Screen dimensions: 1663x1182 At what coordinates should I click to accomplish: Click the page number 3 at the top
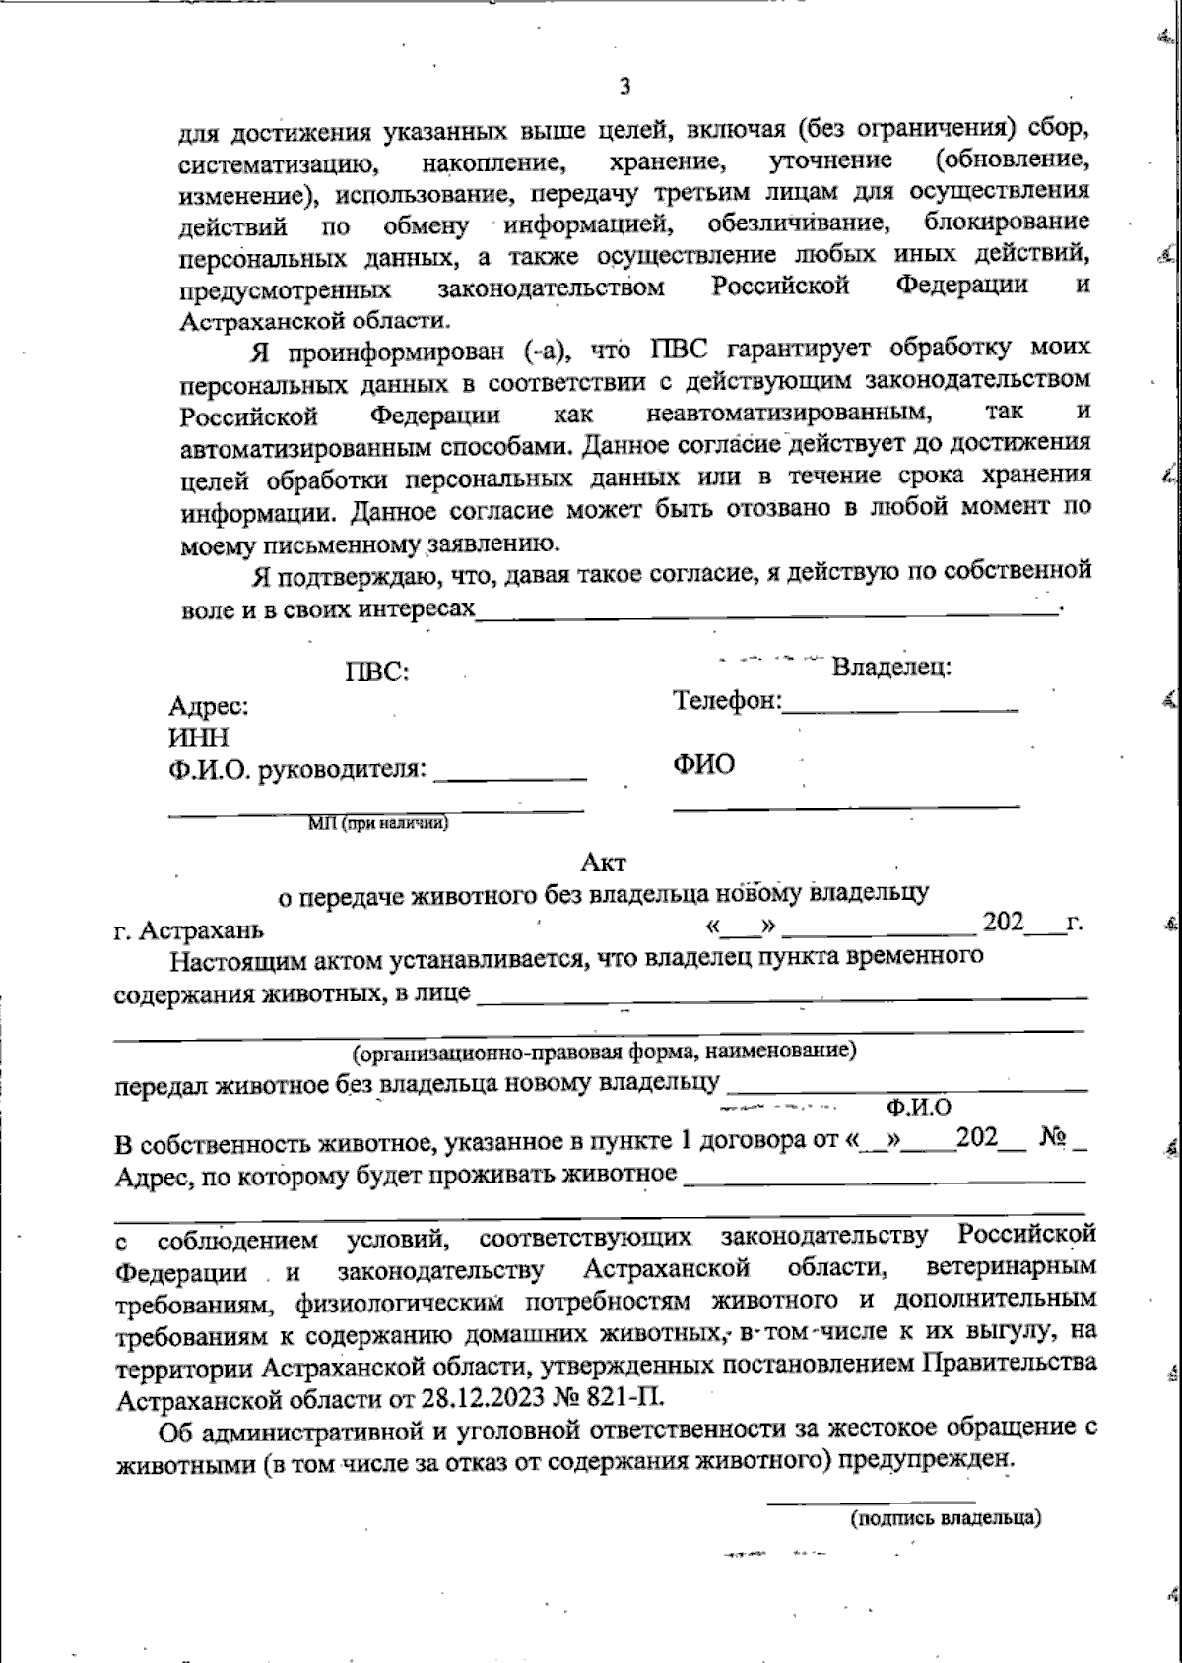click(x=625, y=87)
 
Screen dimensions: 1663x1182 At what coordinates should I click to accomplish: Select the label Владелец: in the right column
click(x=891, y=667)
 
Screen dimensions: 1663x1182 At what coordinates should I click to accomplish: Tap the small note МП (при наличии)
click(x=378, y=823)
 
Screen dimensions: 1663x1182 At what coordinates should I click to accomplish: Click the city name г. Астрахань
click(x=189, y=929)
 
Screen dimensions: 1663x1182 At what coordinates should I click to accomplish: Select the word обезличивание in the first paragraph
click(x=799, y=223)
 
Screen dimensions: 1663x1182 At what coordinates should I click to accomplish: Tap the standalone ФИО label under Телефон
click(x=703, y=764)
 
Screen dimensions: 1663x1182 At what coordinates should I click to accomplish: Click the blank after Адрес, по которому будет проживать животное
click(x=884, y=1179)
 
